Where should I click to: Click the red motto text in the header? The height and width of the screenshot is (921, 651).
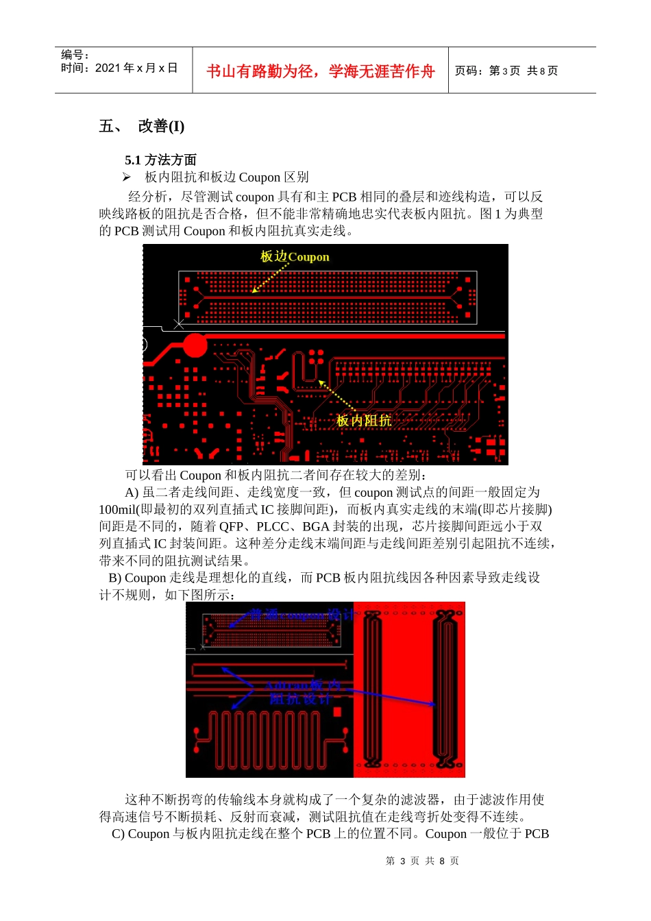320,71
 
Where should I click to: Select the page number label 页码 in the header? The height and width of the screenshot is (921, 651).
467,71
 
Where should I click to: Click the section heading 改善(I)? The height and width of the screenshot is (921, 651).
161,126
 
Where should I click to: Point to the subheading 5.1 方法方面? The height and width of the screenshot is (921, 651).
160,160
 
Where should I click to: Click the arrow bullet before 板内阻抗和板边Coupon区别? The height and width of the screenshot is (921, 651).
127,177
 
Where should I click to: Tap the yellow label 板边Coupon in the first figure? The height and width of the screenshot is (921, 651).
295,257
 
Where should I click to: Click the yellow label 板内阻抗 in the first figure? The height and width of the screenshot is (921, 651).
363,420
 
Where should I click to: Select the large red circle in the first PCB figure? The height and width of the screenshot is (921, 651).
195,345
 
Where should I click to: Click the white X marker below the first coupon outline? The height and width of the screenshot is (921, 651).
179,323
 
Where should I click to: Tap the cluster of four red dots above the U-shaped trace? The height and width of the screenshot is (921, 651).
316,356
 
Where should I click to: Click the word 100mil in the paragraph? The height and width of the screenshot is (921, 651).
117,509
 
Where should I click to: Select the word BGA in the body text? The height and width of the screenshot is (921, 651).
316,526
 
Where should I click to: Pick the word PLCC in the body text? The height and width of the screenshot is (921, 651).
273,526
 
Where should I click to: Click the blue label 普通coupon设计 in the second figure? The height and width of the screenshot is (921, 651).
302,615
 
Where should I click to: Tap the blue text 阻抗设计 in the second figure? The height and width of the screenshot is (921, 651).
300,699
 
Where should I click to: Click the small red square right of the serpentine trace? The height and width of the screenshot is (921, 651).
336,713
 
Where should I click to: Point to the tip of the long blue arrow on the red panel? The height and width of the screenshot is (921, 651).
434,704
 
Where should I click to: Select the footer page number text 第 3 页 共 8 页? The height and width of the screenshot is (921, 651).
422,861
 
